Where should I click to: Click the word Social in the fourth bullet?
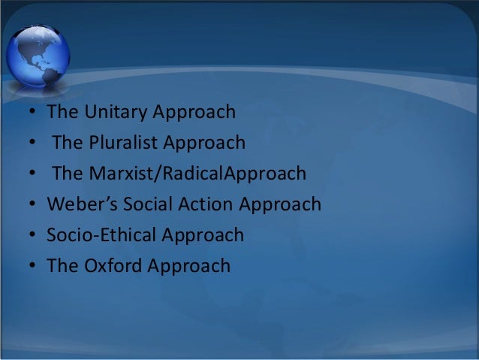coord(137,204)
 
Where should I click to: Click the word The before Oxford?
coord(61,265)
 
